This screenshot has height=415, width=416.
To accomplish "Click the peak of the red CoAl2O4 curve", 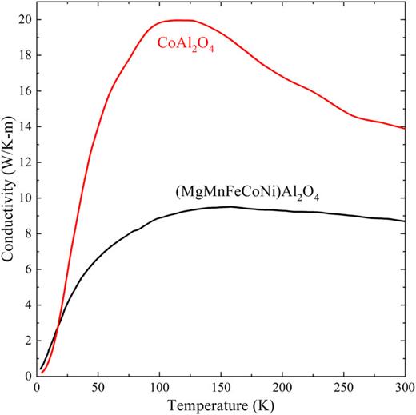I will click(181, 20).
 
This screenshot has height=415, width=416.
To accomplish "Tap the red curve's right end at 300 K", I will click(405, 127).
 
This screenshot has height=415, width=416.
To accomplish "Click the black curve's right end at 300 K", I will click(405, 221).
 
